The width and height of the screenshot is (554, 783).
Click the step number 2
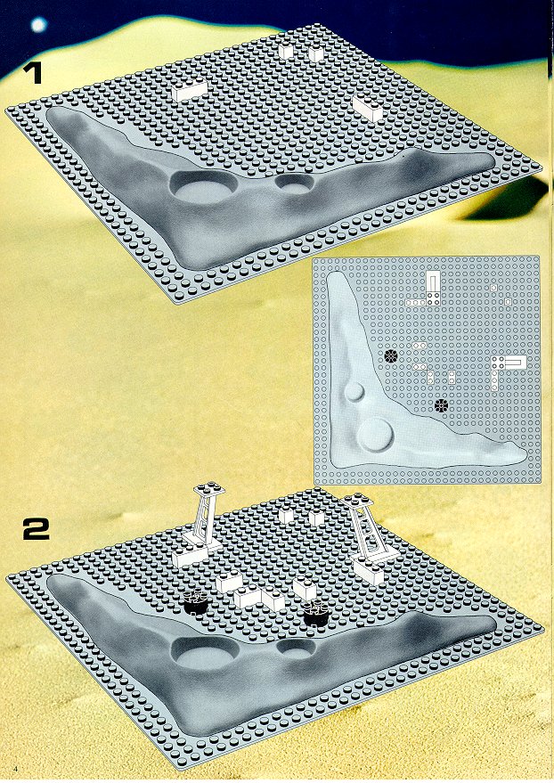(37, 529)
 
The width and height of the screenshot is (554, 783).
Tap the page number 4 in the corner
(17, 768)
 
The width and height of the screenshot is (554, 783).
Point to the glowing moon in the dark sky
(38, 24)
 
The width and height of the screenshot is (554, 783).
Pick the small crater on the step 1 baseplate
(295, 184)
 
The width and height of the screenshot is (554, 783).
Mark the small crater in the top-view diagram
(354, 392)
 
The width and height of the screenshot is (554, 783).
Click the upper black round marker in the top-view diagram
(391, 355)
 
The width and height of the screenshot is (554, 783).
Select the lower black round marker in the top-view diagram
(441, 405)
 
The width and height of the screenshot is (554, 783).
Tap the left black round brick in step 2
(195, 601)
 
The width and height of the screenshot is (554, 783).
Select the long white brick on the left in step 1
(190, 89)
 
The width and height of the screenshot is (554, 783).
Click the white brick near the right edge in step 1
(367, 107)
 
